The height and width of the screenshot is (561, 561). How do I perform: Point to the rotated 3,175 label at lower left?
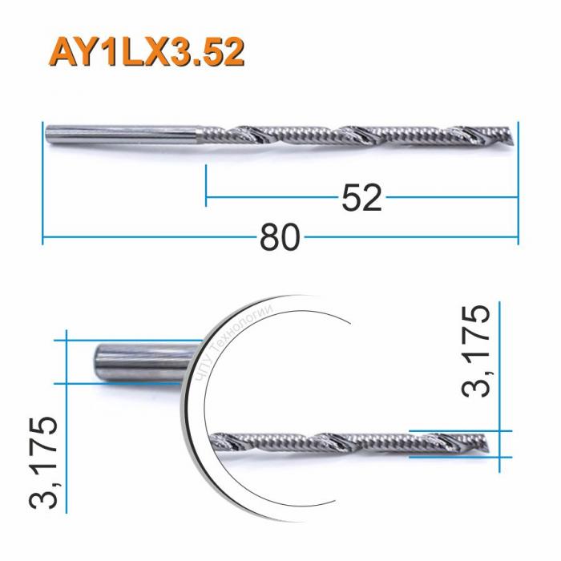coord(43,463)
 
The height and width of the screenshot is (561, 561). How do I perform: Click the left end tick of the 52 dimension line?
coord(207,184)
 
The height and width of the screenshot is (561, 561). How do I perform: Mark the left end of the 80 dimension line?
coord(42,238)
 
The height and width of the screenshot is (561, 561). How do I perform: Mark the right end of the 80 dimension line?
coord(519,238)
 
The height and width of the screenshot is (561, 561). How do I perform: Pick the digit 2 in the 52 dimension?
coord(372,197)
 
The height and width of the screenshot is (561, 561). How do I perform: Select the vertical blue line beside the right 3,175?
coord(499,385)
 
